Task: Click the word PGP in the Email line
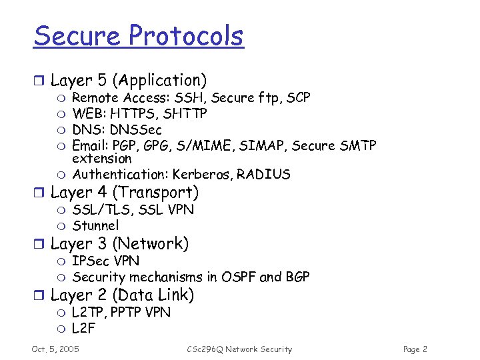pyautogui.click(x=124, y=145)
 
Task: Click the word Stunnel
pyautogui.click(x=95, y=225)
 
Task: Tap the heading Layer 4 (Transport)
pyautogui.click(x=125, y=193)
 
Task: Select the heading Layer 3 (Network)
pyautogui.click(x=120, y=243)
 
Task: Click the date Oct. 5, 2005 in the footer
pyautogui.click(x=55, y=349)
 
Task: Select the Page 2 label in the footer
pyautogui.click(x=415, y=349)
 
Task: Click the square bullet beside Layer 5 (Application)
pyautogui.click(x=39, y=81)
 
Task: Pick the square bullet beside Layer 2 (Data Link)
pyautogui.click(x=39, y=295)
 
